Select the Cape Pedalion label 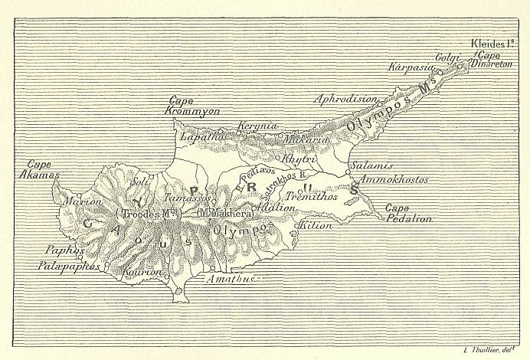click(408, 213)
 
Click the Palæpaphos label click(70, 265)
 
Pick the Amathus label click(228, 280)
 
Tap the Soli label click(140, 182)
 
